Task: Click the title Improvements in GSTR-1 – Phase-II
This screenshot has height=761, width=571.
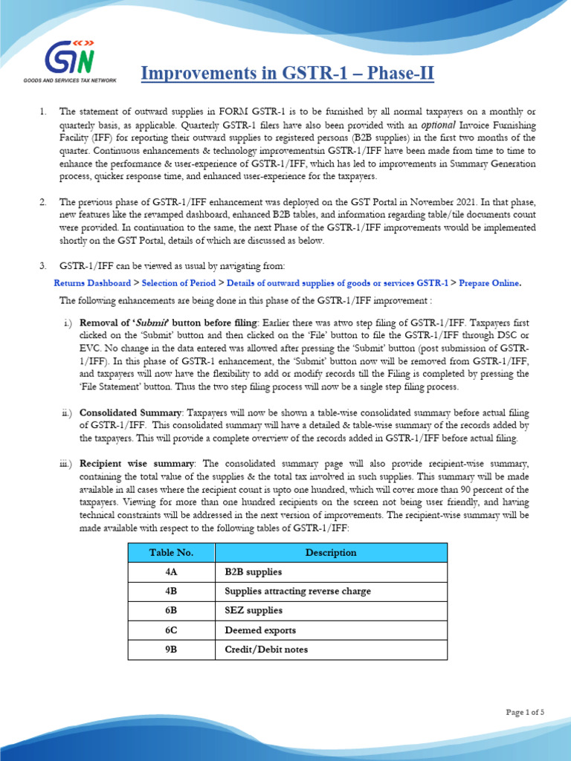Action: pyautogui.click(x=287, y=74)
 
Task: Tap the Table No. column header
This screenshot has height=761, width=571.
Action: pyautogui.click(x=171, y=552)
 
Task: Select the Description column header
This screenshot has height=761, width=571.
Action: pyautogui.click(x=331, y=552)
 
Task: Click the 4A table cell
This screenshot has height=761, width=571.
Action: pyautogui.click(x=171, y=572)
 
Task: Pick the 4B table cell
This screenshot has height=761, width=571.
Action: pyautogui.click(x=171, y=592)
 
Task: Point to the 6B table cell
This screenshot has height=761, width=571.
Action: pyautogui.click(x=171, y=611)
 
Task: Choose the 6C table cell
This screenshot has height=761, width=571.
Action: pyautogui.click(x=171, y=630)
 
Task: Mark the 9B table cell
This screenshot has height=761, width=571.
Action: pyautogui.click(x=171, y=650)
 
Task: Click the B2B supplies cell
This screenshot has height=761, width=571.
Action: pyautogui.click(x=254, y=572)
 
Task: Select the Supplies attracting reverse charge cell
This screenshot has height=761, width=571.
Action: pyautogui.click(x=297, y=592)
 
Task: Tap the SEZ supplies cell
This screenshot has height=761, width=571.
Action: pyautogui.click(x=254, y=611)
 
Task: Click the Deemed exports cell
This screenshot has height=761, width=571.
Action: pyautogui.click(x=260, y=630)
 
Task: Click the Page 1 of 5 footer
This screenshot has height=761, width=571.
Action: pyautogui.click(x=525, y=712)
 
